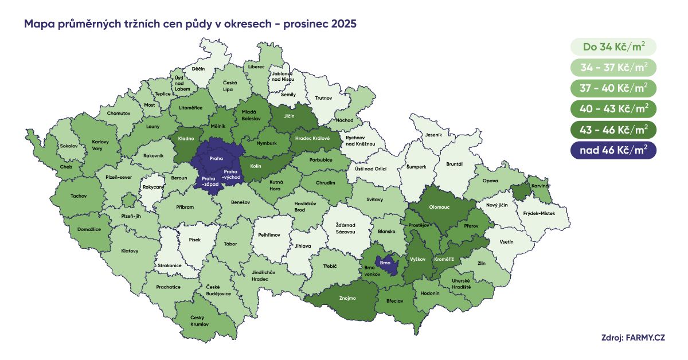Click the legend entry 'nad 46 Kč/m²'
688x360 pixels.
tap(613, 150)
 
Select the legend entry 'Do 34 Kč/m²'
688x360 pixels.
tap(613, 46)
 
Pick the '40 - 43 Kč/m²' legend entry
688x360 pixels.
tap(613, 109)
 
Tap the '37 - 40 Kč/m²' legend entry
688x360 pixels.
tap(613, 88)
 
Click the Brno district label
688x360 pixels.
tap(385, 263)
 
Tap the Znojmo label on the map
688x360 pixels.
tap(347, 298)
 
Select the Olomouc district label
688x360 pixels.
tap(439, 206)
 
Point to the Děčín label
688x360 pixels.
tap(198, 69)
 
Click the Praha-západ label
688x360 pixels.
tap(209, 181)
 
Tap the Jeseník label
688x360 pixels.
tap(434, 135)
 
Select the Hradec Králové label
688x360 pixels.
tap(312, 138)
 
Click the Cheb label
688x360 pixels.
tap(67, 167)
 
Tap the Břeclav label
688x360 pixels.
tap(395, 301)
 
